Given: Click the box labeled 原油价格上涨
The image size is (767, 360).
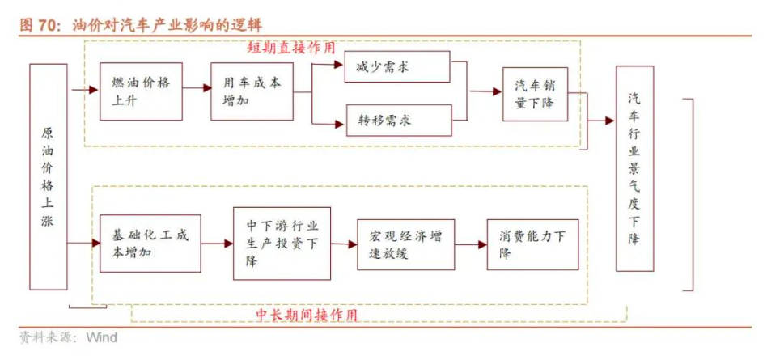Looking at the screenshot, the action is pos(49,176).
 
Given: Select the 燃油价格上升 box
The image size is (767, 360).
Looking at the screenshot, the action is pos(141,91).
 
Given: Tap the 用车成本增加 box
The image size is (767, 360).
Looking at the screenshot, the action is pos(252,91).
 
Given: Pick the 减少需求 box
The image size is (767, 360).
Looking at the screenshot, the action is pos(397,66).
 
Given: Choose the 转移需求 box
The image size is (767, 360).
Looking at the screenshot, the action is pos(399,121).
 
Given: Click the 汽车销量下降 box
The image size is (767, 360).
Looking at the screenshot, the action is pos(535,94).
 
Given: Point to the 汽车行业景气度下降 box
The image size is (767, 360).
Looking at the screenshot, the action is pos(634,169).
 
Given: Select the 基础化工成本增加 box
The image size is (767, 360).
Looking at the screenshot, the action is pos(150,243).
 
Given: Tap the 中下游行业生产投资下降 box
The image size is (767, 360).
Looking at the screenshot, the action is pos(282,244).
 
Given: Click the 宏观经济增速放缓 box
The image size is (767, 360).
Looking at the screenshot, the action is pos(405,244).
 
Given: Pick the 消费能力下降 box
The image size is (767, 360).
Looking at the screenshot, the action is pos(532,244).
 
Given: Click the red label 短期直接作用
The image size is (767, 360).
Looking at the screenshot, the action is pos(291,48).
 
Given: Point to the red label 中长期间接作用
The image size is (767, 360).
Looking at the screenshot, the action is pos(307,315).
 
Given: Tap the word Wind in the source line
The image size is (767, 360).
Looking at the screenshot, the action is pos(102,337).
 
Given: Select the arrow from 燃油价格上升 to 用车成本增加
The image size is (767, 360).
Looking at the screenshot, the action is pos(197,88).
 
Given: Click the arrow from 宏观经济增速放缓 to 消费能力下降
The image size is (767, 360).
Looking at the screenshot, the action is pos(471,244).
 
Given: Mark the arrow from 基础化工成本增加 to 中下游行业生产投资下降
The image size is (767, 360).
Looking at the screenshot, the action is pos(217,243).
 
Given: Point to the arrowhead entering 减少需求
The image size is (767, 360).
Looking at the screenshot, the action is pos(339,65).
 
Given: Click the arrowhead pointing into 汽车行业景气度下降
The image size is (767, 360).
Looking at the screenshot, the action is pos(609,121).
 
